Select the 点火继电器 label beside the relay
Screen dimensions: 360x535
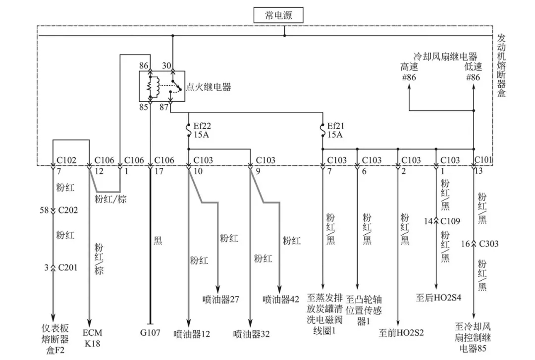pyautogui.click(x=208, y=87)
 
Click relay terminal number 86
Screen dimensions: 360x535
pyautogui.click(x=144, y=65)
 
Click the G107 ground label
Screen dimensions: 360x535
pyautogui.click(x=150, y=333)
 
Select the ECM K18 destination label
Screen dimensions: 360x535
pyautogui.click(x=92, y=338)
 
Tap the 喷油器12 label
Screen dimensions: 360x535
pyautogui.click(x=193, y=334)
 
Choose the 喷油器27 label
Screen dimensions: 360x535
pyautogui.click(x=221, y=300)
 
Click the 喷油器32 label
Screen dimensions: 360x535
pyautogui.click(x=252, y=334)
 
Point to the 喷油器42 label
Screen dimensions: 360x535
pyautogui.click(x=281, y=300)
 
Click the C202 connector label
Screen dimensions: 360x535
pyautogui.click(x=68, y=210)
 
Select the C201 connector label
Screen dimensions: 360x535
pyautogui.click(x=68, y=268)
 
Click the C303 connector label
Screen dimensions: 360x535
pyautogui.click(x=488, y=244)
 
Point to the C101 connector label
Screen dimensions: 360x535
pyautogui.click(x=484, y=160)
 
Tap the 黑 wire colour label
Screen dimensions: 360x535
pyautogui.click(x=158, y=241)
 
